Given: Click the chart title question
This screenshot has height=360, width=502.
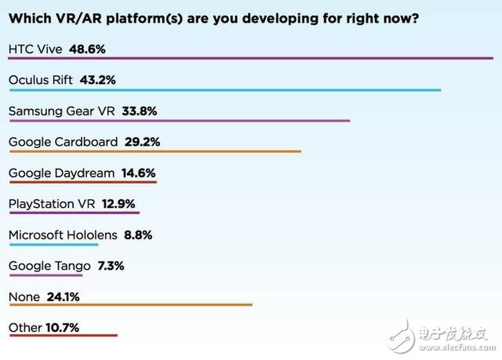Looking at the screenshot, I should pyautogui.click(x=213, y=17).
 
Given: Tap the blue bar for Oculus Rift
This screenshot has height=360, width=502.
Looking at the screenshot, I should pyautogui.click(x=224, y=90).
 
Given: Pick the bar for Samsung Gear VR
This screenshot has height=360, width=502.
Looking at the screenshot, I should pyautogui.click(x=179, y=121).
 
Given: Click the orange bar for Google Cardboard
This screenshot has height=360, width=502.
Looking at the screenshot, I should pyautogui.click(x=155, y=151).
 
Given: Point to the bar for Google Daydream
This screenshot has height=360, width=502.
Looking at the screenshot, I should pyautogui.click(x=82, y=182).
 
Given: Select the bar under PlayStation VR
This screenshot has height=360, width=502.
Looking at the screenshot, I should pyautogui.click(x=74, y=213).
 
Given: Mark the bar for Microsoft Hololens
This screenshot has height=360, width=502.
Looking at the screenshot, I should pyautogui.click(x=53, y=244).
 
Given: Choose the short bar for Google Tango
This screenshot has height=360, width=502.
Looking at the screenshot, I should pyautogui.click(x=45, y=275).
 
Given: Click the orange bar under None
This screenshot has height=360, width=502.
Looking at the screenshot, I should pyautogui.click(x=130, y=305).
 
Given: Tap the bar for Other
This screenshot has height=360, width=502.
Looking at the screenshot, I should pyautogui.click(x=63, y=336).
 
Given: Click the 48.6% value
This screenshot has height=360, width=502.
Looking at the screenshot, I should pyautogui.click(x=87, y=49).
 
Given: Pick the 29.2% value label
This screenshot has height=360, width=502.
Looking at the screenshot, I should pyautogui.click(x=141, y=141).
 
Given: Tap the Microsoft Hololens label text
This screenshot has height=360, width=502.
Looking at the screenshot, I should pyautogui.click(x=63, y=234).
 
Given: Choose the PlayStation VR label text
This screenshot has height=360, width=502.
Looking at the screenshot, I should pyautogui.click(x=52, y=203).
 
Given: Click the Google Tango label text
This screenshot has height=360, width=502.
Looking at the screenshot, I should pyautogui.click(x=44, y=265).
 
